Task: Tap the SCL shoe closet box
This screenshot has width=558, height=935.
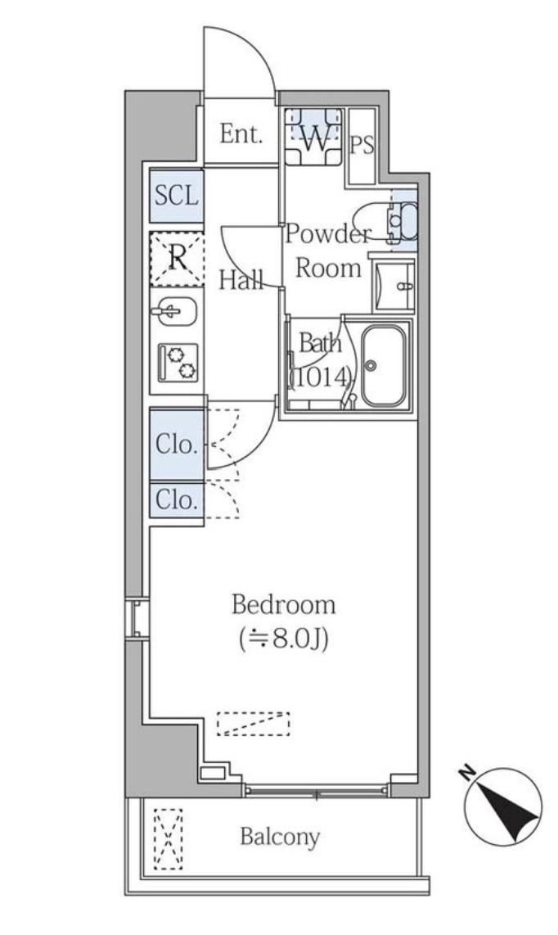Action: (x=177, y=196)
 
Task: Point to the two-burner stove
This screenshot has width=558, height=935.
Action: (x=178, y=363)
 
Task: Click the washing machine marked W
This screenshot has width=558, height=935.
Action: (x=313, y=138)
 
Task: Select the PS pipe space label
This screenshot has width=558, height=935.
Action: (x=362, y=145)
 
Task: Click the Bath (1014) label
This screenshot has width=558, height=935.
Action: (x=320, y=360)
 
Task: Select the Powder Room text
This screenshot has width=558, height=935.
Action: (x=328, y=251)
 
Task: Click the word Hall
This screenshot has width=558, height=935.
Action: (x=241, y=279)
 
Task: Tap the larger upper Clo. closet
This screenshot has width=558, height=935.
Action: (x=177, y=445)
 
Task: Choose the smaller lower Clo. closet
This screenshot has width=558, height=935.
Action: (x=177, y=499)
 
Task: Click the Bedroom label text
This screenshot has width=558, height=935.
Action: (x=283, y=605)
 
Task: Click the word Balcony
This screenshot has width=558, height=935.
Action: (x=280, y=838)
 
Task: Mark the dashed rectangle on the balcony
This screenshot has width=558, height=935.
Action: (x=168, y=838)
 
